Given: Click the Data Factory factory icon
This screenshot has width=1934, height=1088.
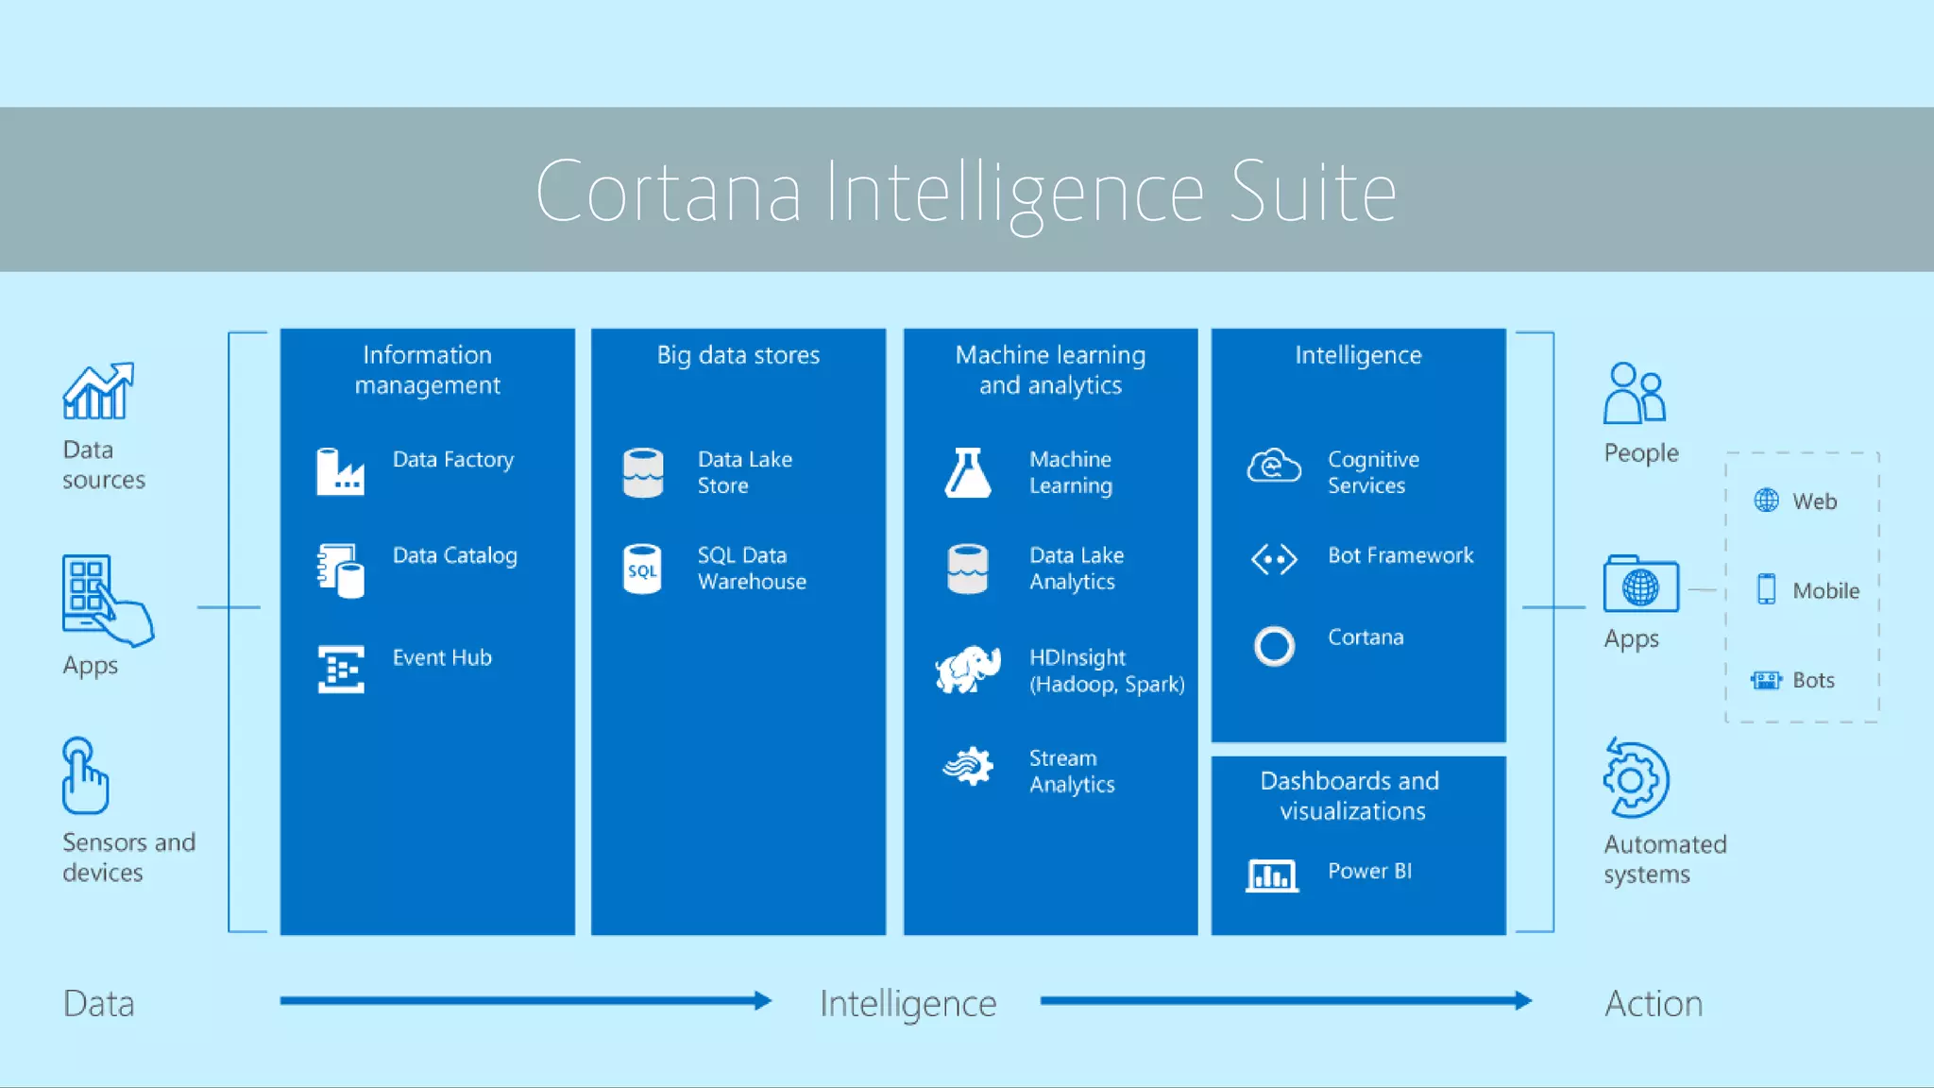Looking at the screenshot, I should click(x=340, y=471).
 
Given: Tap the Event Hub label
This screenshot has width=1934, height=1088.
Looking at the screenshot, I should click(x=442, y=657).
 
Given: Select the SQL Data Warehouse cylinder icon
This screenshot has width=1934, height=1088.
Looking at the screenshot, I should click(x=642, y=569).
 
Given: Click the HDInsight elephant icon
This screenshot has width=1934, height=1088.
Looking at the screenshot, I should click(x=968, y=669).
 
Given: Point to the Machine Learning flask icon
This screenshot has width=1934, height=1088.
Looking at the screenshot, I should click(x=968, y=472).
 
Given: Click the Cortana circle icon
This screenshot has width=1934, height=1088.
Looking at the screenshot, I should click(x=1274, y=646).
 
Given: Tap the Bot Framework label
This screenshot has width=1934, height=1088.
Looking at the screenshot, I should click(x=1400, y=555).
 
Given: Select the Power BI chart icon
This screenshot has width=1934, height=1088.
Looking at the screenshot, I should click(x=1271, y=875).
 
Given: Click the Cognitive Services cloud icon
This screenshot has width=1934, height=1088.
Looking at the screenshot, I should click(x=1274, y=466).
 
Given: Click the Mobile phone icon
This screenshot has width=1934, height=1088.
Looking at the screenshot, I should click(x=1766, y=589).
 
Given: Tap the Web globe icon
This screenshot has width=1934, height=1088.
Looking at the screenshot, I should click(x=1766, y=501).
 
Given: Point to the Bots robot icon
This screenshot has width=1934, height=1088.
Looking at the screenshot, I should click(x=1766, y=680).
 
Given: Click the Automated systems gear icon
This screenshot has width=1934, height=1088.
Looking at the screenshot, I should click(x=1637, y=779).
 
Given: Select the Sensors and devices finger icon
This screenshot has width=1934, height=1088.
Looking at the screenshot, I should click(x=84, y=775).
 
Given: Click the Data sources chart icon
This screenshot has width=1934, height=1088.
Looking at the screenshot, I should click(x=98, y=391).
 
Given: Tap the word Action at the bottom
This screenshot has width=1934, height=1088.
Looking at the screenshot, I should click(x=1654, y=1003).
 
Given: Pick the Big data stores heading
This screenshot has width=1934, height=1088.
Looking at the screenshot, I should click(x=738, y=355).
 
